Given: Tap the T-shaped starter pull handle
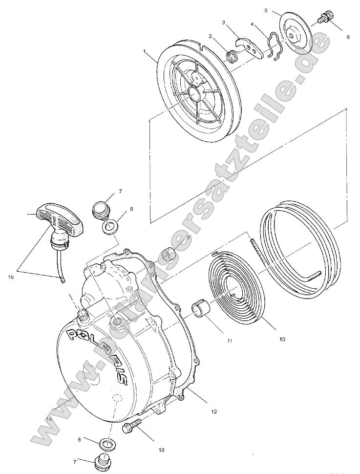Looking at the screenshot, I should pyautogui.click(x=58, y=218).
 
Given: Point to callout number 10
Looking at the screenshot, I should pyautogui.click(x=281, y=338).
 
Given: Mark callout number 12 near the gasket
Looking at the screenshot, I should pyautogui.click(x=213, y=411).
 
